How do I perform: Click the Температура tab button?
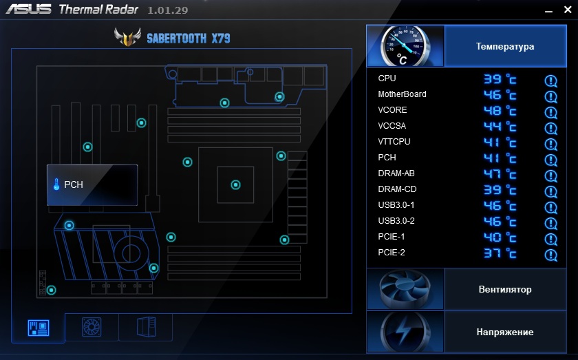point(504,47)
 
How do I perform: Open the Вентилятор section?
point(504,289)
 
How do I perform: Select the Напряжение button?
point(504,332)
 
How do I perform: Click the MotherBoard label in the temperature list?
point(402,94)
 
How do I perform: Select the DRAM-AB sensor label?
point(397,173)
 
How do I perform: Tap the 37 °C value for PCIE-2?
point(499,254)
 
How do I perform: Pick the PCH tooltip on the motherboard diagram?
point(92,184)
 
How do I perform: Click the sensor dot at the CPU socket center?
point(235,184)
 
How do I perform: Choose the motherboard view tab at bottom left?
point(39,328)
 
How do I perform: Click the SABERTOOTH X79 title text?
point(188,38)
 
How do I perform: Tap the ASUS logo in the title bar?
point(29,10)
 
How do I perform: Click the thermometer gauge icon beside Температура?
point(405,46)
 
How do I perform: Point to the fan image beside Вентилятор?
point(405,289)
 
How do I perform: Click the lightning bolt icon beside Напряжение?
point(405,332)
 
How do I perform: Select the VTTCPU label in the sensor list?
point(394,142)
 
